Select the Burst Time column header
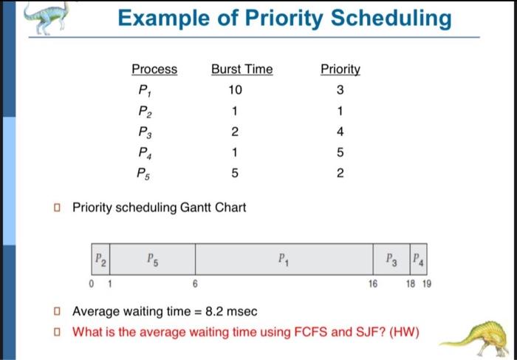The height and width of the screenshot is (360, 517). click(x=242, y=69)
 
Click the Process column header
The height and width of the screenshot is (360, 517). click(x=154, y=69)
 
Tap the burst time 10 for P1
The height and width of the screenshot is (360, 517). click(x=236, y=89)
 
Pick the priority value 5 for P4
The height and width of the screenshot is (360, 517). click(x=340, y=152)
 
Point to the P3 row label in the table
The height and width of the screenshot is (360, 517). click(x=145, y=132)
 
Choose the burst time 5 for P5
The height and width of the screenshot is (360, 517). click(x=235, y=173)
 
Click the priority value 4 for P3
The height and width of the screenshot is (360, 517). click(x=340, y=132)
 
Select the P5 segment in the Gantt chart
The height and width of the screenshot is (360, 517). click(x=152, y=259)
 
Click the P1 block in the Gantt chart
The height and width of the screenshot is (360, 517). click(x=284, y=259)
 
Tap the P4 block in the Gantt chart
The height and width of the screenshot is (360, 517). click(x=419, y=259)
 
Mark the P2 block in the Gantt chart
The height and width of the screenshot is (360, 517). click(x=100, y=259)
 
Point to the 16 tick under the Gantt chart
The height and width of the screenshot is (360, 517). click(x=373, y=284)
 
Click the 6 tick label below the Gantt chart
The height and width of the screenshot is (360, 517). click(x=195, y=284)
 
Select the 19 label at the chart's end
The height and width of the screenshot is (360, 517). click(x=427, y=284)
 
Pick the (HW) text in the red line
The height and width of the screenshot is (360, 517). click(x=404, y=332)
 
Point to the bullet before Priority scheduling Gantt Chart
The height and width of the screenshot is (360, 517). click(x=58, y=208)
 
